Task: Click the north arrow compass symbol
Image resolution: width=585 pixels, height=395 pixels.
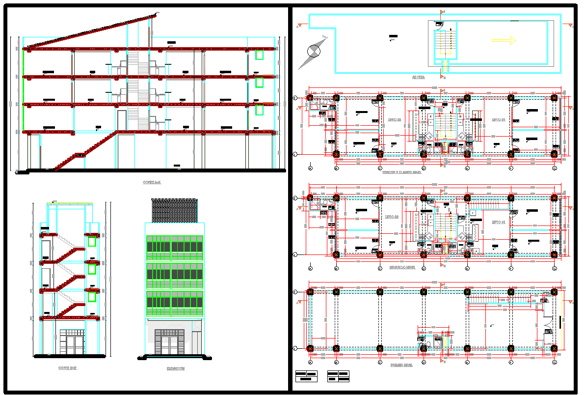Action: click(314, 50)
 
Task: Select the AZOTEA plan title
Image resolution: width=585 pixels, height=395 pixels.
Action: click(419, 78)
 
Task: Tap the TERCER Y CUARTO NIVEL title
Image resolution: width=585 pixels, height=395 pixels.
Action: click(402, 172)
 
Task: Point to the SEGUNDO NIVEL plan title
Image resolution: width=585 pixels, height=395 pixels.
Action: click(402, 268)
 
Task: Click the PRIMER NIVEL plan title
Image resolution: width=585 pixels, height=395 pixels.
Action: click(402, 366)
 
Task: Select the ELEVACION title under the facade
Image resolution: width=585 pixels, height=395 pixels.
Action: click(175, 368)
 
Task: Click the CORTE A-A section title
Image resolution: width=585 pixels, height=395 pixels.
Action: click(152, 182)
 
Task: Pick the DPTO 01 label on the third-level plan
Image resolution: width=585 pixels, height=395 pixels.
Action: click(499, 119)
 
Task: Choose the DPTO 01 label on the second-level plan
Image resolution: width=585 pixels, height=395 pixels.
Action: click(499, 223)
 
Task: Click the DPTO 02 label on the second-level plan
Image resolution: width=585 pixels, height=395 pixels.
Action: click(391, 216)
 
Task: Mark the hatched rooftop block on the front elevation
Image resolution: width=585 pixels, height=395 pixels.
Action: click(174, 210)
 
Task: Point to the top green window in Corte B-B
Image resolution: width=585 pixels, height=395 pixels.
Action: click(91, 242)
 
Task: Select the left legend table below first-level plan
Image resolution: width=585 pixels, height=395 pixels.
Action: click(306, 376)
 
